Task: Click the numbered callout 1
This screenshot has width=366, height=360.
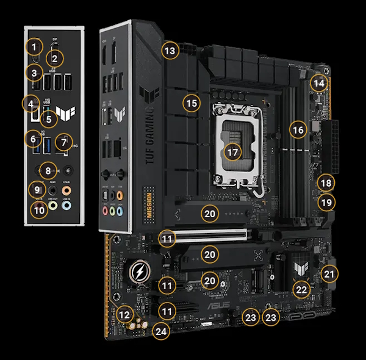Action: click(36, 46)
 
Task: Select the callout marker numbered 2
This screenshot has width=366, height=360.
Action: click(55, 59)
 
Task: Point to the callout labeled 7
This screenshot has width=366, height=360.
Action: click(62, 143)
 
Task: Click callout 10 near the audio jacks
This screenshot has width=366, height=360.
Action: click(40, 211)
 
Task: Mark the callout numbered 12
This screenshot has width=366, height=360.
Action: click(125, 315)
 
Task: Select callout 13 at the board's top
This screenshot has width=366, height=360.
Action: click(170, 51)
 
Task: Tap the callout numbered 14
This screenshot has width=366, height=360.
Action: click(319, 82)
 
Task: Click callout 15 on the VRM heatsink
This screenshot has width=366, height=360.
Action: click(192, 103)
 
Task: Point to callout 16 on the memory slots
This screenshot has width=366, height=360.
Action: click(297, 130)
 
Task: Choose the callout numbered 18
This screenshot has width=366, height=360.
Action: click(326, 182)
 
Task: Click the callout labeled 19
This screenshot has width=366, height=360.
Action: click(326, 202)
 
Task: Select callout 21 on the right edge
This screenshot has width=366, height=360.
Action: click(329, 275)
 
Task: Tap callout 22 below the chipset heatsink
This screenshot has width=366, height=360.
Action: click(301, 290)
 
